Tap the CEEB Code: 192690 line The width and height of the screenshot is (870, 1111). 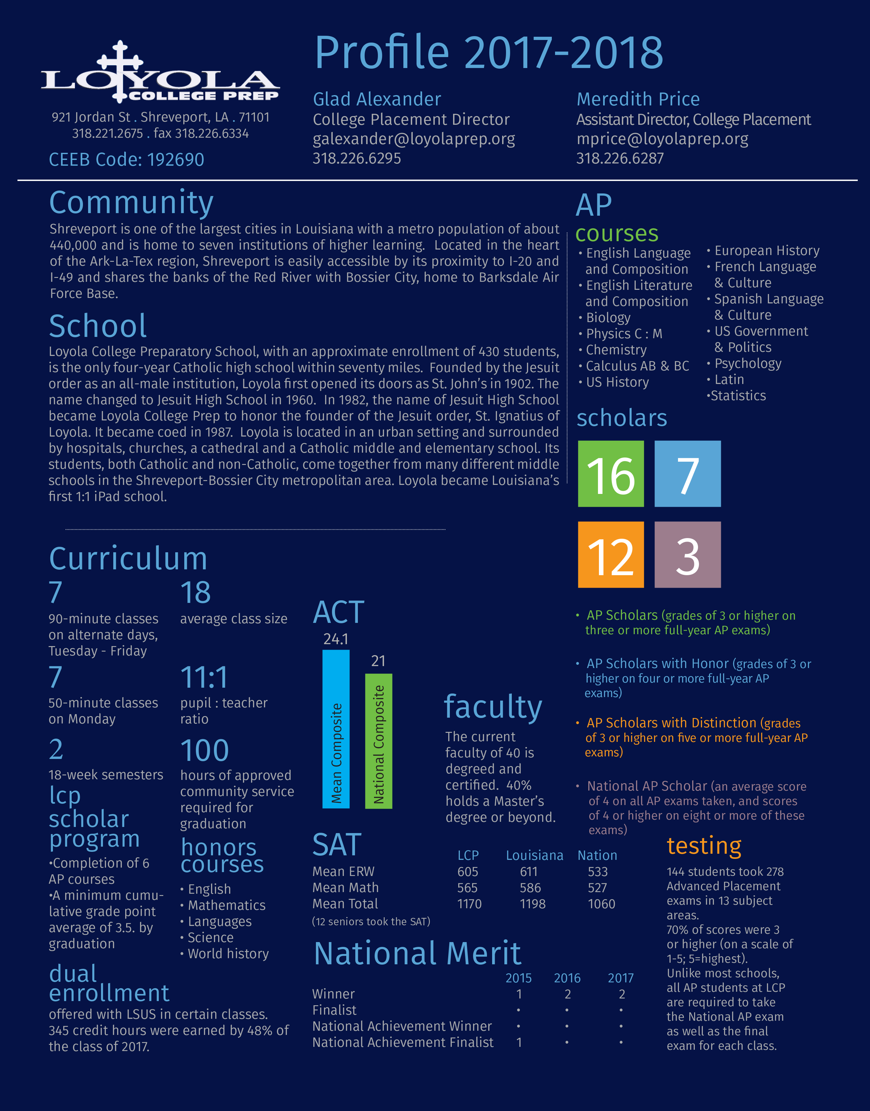(126, 160)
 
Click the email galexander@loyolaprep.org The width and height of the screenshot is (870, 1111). (414, 139)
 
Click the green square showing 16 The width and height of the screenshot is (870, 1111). (611, 474)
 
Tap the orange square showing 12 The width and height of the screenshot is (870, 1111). (611, 555)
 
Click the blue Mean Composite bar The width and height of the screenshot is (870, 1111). (336, 729)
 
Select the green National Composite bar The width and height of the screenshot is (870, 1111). (379, 741)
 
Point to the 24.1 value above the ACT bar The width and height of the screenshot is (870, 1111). (336, 639)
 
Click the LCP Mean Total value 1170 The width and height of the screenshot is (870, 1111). (469, 904)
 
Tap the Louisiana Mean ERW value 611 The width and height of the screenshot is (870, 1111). (529, 872)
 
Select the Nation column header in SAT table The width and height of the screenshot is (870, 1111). (597, 856)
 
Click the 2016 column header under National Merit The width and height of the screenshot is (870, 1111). (567, 978)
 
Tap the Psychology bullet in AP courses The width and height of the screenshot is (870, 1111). (747, 363)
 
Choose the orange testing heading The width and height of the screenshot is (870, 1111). (704, 846)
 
